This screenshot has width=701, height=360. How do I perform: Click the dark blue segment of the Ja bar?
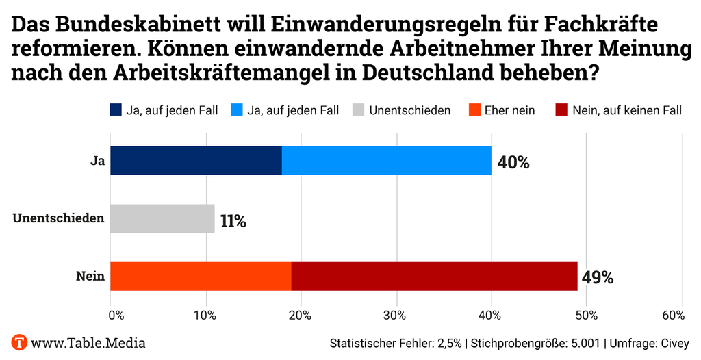click(x=196, y=160)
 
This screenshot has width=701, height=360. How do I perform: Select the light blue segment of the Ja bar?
click(x=386, y=160)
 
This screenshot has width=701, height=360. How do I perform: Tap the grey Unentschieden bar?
click(x=162, y=219)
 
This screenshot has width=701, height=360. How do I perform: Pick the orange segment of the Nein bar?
click(x=201, y=276)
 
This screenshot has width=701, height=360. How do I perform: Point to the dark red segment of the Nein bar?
click(x=434, y=276)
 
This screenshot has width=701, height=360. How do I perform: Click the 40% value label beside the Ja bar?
click(x=513, y=162)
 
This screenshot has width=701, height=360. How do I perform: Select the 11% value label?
click(x=233, y=221)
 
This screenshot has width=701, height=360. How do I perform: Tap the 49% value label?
click(x=597, y=278)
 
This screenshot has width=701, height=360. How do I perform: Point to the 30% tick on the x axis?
click(x=395, y=315)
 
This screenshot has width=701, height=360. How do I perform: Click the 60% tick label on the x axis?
click(x=673, y=315)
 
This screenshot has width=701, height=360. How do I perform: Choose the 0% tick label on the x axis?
click(x=116, y=315)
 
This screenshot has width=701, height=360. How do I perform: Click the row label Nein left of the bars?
click(x=90, y=277)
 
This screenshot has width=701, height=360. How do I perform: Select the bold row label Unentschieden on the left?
click(x=59, y=219)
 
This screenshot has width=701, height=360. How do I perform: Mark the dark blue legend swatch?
click(x=115, y=110)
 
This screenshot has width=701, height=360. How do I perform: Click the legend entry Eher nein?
click(x=509, y=110)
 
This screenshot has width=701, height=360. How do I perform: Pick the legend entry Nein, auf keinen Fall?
click(x=626, y=110)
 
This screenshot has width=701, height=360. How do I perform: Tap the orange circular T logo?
click(x=19, y=342)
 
